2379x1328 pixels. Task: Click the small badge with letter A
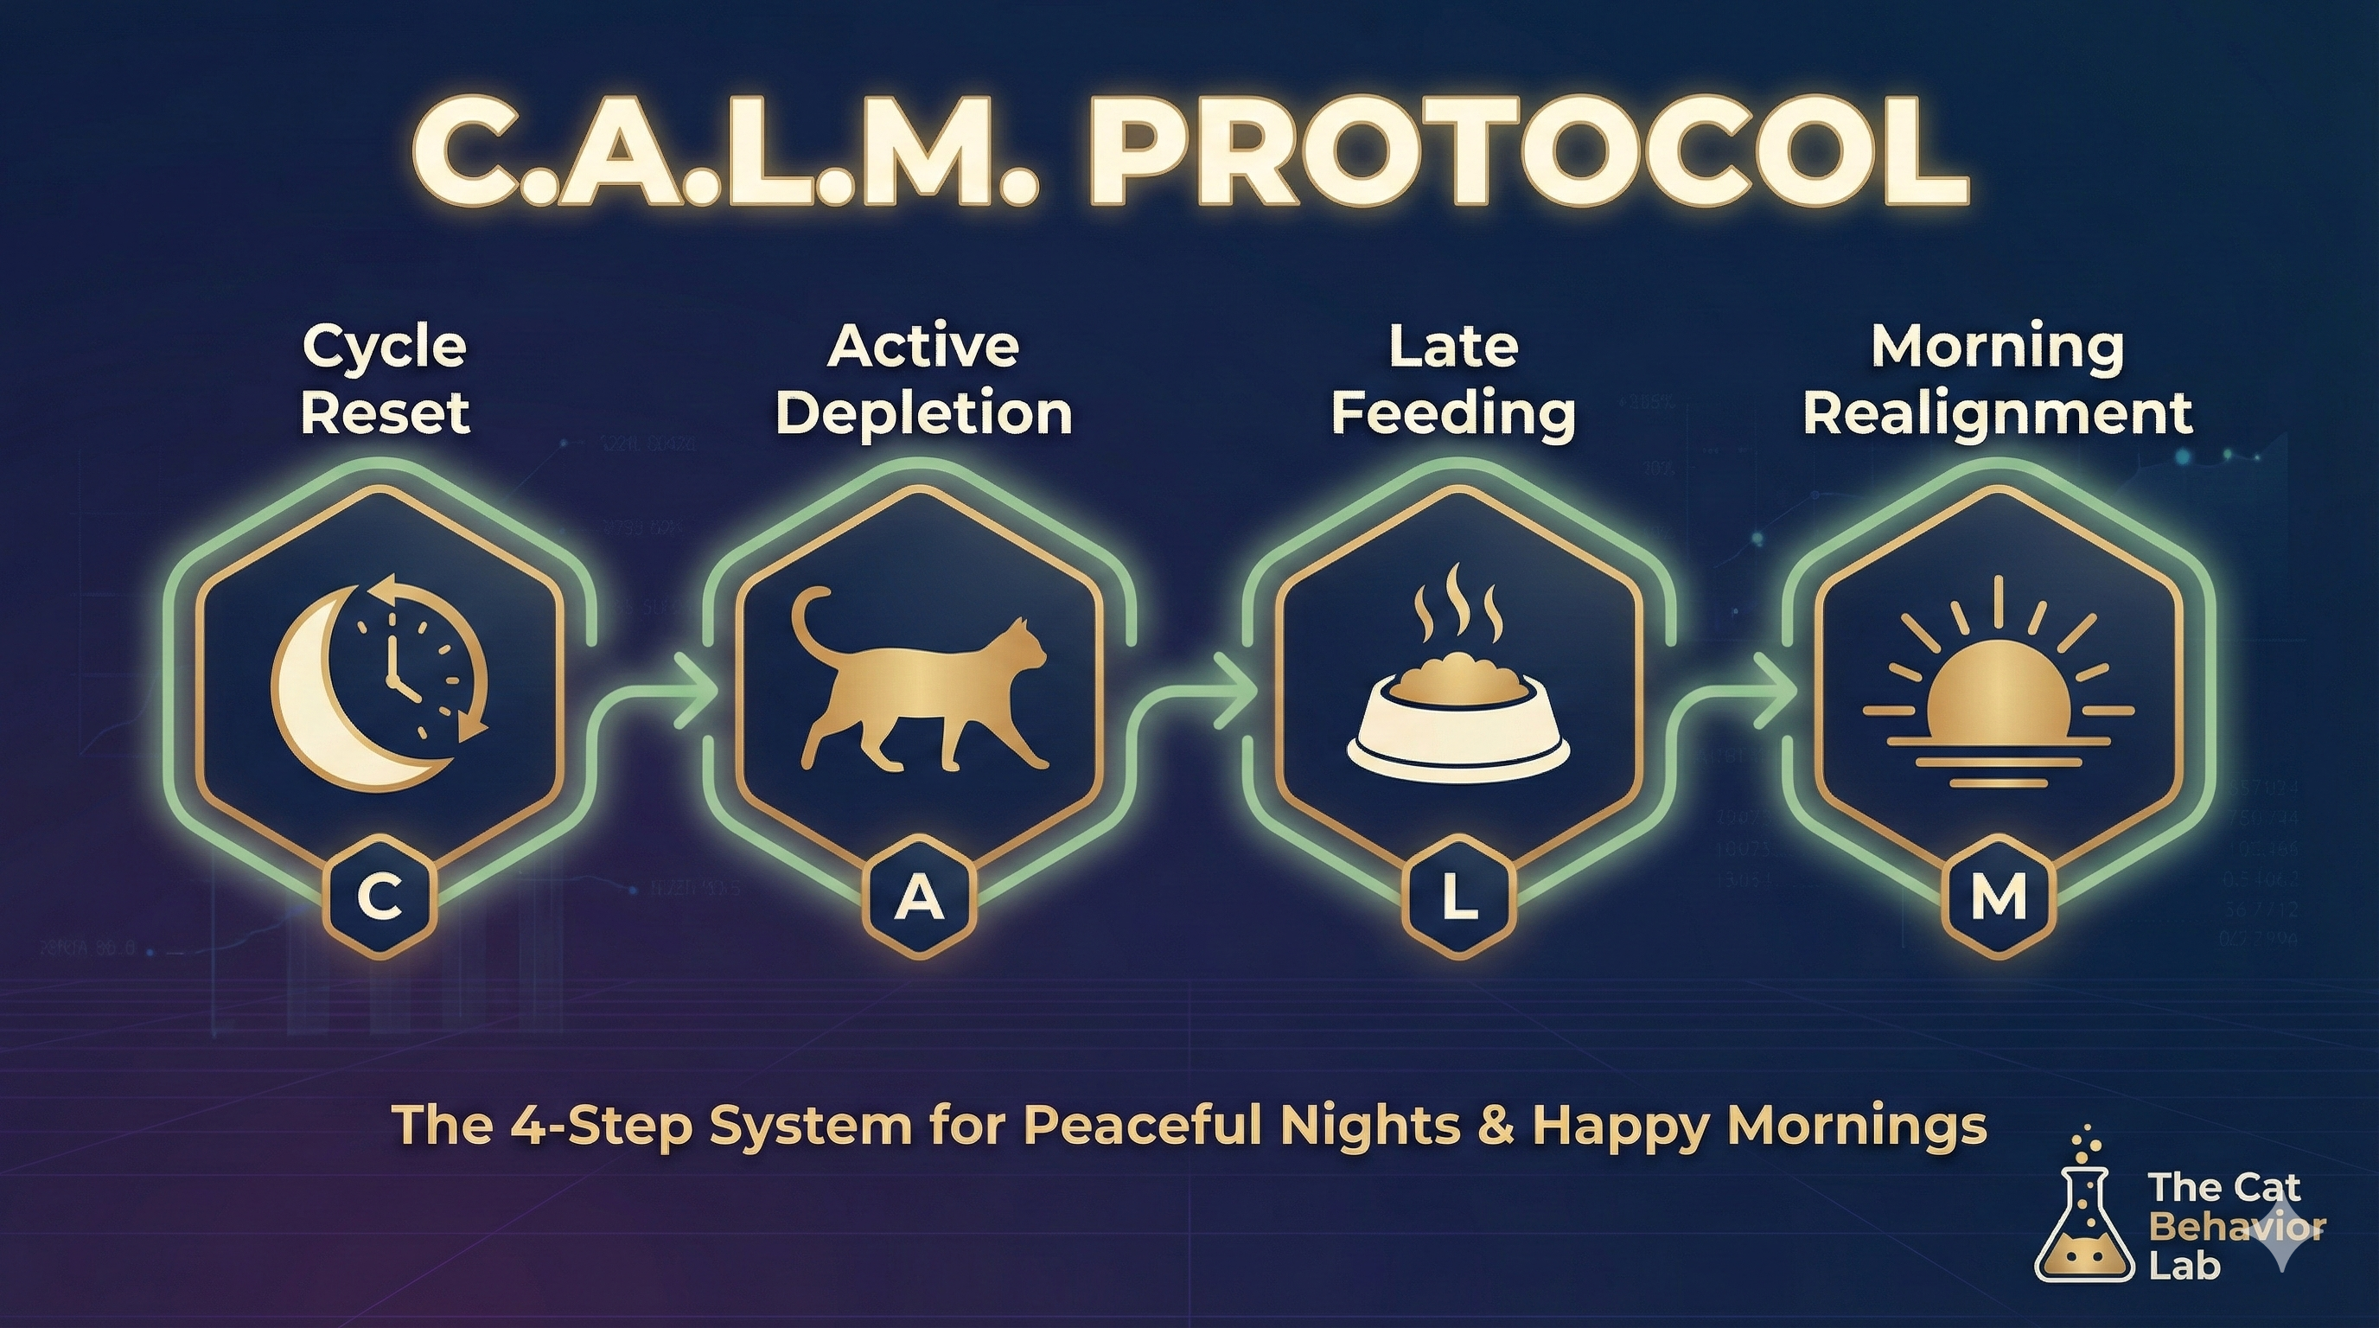click(919, 897)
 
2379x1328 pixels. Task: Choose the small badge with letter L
click(1457, 897)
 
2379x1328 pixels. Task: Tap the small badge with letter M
click(1998, 897)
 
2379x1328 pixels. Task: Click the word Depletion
click(923, 414)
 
